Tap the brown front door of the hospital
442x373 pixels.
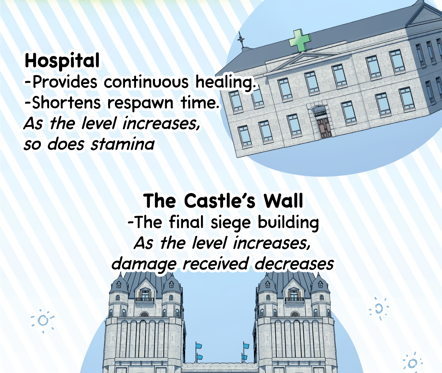(x=324, y=128)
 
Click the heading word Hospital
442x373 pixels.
(x=62, y=61)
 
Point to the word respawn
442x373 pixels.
(x=140, y=103)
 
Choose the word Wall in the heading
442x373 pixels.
(x=283, y=201)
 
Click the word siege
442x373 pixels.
(x=231, y=223)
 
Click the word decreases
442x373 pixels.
(x=294, y=264)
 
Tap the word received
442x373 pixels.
(x=215, y=264)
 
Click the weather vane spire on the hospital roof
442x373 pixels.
(x=241, y=40)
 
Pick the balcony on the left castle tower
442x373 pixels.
(x=145, y=299)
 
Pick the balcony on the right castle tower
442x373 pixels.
(x=295, y=299)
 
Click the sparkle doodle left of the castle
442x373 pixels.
(x=43, y=321)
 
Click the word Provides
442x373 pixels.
(x=65, y=82)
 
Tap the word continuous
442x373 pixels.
(x=146, y=82)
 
